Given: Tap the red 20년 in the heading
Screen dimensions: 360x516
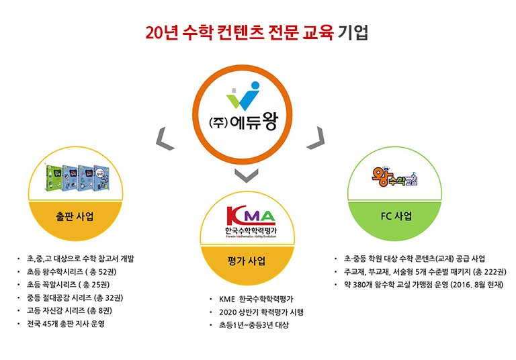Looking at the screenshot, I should pos(162,32).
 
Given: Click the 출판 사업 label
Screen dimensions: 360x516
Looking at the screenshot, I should pos(75,217).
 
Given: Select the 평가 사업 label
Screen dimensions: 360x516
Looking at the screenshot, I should pos(247,261).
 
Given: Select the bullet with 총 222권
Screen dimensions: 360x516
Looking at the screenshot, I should pos(424,271).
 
